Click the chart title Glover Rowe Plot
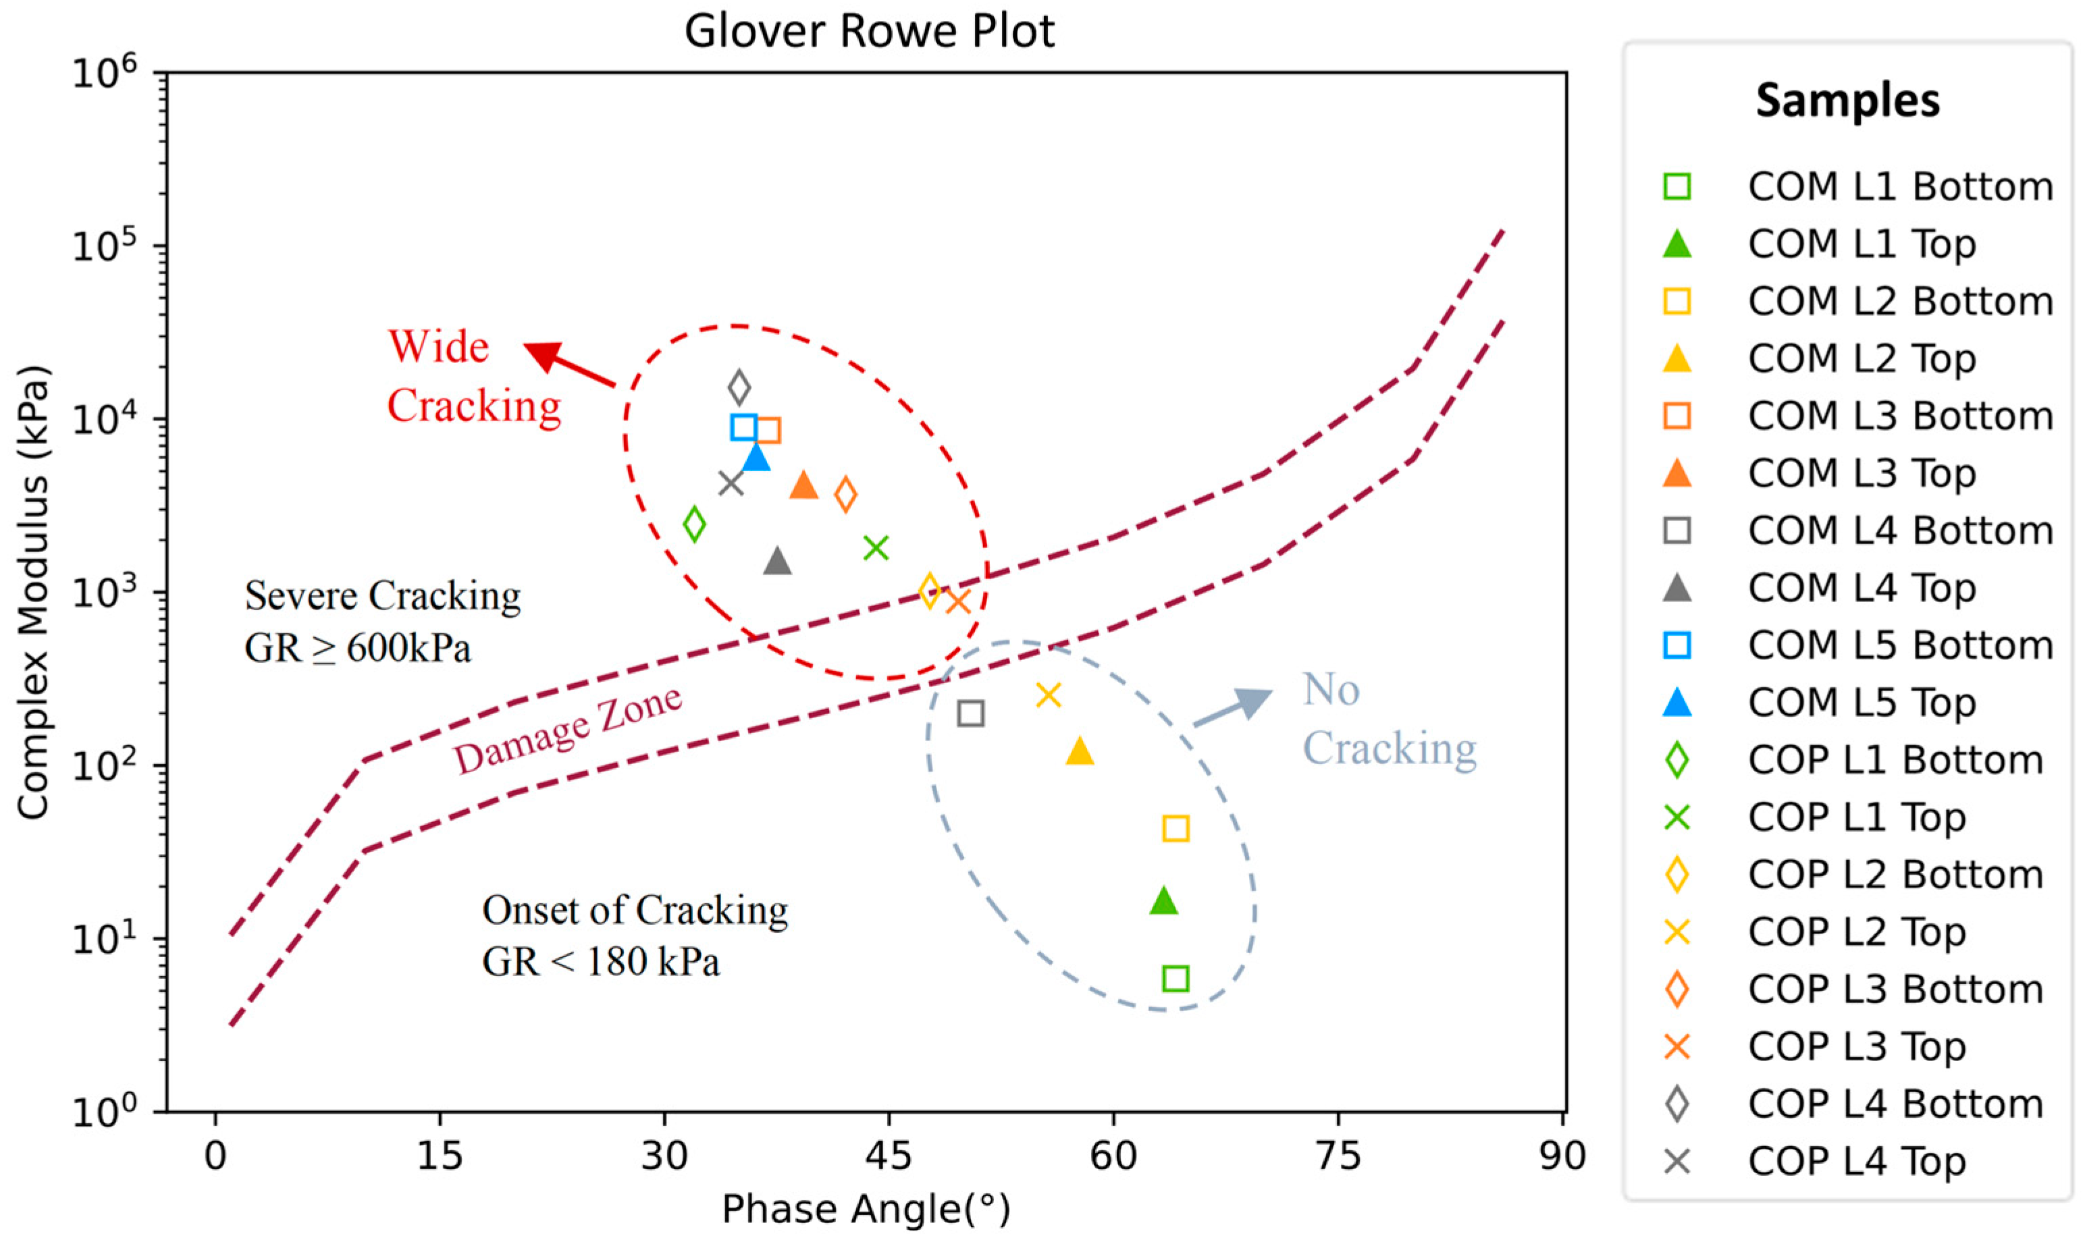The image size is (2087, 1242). coord(869,32)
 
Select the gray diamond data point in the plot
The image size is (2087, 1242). coord(739,387)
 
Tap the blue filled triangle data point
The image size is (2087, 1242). coord(756,457)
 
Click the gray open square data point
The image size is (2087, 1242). coord(970,713)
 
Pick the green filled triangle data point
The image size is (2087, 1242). coord(1163,900)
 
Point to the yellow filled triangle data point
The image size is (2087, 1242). coord(1080,751)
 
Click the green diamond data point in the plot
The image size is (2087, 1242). coord(694,524)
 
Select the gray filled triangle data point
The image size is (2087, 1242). coord(778,561)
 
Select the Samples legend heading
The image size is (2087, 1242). coord(1847,101)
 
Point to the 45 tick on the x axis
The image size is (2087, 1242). coord(889,1156)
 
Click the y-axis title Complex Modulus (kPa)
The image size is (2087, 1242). coord(34,592)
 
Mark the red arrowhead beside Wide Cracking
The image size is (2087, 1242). coord(542,356)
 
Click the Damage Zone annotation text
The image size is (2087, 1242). coord(568,729)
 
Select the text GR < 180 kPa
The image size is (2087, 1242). coord(600,962)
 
